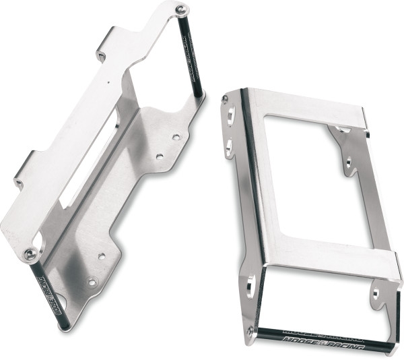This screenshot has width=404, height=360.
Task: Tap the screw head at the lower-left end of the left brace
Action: (30, 254)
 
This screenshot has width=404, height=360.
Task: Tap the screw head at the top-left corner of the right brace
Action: (225, 99)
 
